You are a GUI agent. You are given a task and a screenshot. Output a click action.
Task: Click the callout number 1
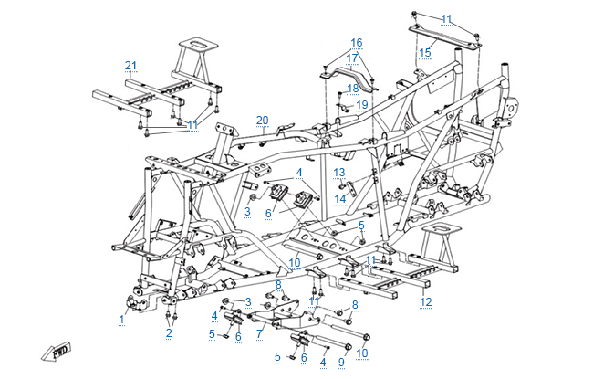pos(121,319)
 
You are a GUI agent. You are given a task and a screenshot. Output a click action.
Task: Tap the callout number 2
pos(169,333)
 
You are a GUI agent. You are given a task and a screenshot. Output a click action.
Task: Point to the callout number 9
pos(342,363)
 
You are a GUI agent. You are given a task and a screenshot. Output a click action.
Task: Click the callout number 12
pos(425,301)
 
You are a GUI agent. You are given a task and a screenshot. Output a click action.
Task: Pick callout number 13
pos(338,172)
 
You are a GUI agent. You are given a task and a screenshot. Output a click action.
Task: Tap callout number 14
pos(338,198)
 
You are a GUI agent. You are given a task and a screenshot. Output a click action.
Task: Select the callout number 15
pos(425,53)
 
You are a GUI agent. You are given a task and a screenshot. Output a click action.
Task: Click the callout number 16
pos(356,43)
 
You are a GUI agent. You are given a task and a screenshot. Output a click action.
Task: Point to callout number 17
pos(351,58)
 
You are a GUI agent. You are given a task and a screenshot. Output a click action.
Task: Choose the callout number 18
pos(352,88)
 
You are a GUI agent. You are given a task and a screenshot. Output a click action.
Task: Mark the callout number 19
pos(361,105)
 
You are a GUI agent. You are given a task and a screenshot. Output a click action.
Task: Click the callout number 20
pos(263,121)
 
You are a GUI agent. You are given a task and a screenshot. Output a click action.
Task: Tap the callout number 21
pos(130,64)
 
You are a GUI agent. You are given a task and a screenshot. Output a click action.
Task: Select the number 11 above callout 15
pos(446,19)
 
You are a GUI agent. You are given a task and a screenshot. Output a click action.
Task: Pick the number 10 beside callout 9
pos(362,353)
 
